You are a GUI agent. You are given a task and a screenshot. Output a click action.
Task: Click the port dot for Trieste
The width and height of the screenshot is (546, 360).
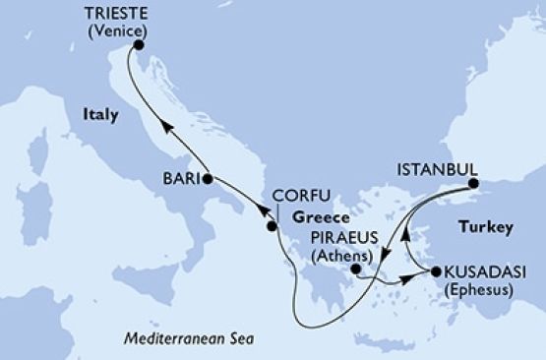click(139, 45)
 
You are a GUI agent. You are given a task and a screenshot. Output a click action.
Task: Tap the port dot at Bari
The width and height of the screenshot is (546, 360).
click(207, 179)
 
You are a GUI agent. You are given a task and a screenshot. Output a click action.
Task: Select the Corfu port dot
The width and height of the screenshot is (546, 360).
click(273, 227)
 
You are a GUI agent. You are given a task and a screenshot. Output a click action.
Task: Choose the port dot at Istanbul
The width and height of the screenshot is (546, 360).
click(472, 183)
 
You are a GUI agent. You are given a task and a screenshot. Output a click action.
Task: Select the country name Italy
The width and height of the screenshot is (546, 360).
click(99, 115)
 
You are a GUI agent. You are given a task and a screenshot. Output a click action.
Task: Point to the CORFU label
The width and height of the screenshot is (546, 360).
click(299, 195)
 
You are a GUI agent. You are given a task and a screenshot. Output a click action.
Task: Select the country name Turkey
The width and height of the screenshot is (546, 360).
click(489, 228)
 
